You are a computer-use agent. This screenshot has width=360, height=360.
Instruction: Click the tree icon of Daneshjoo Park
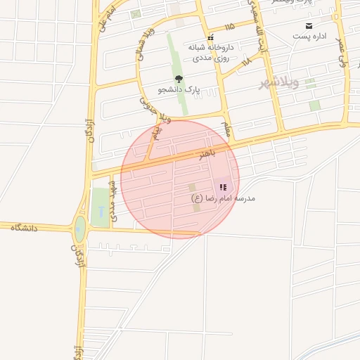[x=178, y=79]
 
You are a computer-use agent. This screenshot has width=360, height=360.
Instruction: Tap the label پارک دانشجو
[x=179, y=90]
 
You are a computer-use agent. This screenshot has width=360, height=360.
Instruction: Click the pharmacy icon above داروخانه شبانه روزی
[x=210, y=37]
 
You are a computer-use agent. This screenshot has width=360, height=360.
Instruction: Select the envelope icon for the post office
[x=309, y=25]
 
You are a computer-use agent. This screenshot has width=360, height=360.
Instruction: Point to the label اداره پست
[x=310, y=36]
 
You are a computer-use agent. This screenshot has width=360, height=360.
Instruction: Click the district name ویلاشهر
[x=279, y=83]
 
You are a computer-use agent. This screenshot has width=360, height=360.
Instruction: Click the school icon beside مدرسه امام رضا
[x=223, y=187]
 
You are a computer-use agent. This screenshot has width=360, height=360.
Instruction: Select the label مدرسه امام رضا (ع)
[x=224, y=198]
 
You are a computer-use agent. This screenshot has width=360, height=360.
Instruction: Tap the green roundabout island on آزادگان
[x=80, y=227]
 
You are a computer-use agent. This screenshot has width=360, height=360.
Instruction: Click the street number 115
[x=229, y=27]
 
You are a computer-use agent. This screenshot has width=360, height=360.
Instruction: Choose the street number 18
[x=246, y=63]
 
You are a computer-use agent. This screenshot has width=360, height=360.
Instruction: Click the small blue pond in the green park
[x=102, y=211]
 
